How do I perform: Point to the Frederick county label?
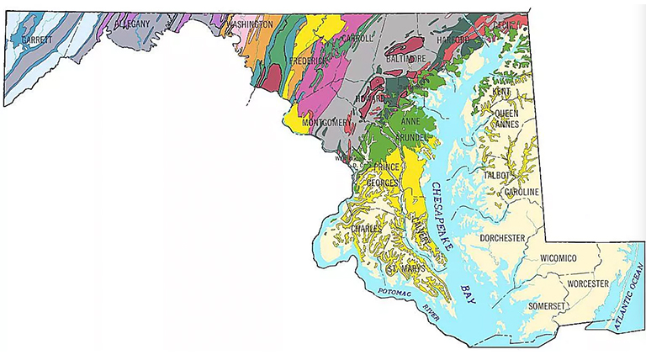coord(310,61)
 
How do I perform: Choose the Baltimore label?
coord(405,58)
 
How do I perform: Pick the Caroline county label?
coord(522,193)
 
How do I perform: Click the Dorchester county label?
coord(502,239)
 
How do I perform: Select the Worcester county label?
coord(586,284)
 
